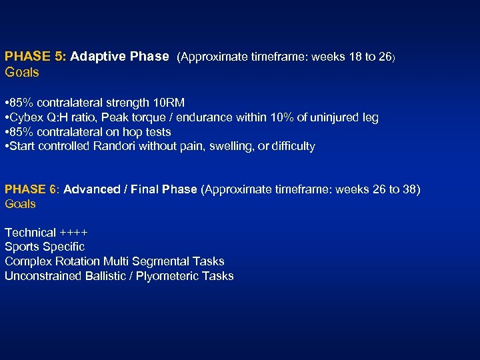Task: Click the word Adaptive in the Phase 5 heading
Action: pos(98,57)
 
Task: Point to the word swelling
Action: pos(229,146)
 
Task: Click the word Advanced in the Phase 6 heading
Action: pos(89,189)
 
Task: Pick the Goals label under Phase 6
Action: pos(20,204)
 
